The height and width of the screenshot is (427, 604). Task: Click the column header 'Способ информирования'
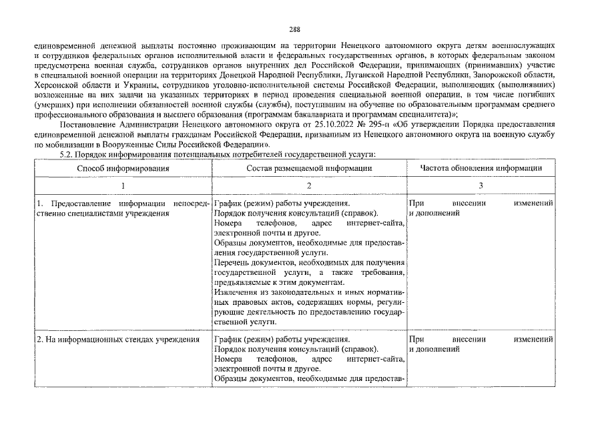[x=123, y=169]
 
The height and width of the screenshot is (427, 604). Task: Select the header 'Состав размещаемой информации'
[x=309, y=169]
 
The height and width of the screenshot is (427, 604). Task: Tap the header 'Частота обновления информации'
[x=481, y=169]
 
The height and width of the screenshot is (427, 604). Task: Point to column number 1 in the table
[x=123, y=185]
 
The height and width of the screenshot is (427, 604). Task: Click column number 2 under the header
[x=309, y=185]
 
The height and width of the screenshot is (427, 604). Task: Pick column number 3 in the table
[x=481, y=185]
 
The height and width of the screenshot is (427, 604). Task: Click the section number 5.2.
[x=69, y=154]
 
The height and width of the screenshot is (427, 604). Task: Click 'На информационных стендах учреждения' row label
[x=118, y=340]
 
